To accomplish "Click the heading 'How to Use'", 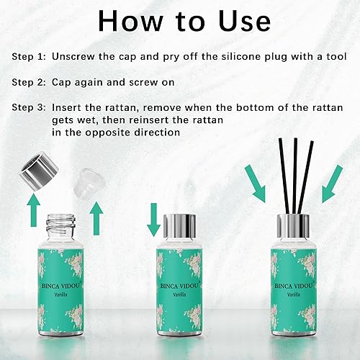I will [179, 19].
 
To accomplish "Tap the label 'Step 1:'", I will [30, 55].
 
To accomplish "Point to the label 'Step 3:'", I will [30, 107].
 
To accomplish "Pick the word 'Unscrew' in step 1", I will [75, 55].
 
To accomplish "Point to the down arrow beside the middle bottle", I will [153, 218].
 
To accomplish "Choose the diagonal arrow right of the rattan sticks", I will [331, 184].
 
